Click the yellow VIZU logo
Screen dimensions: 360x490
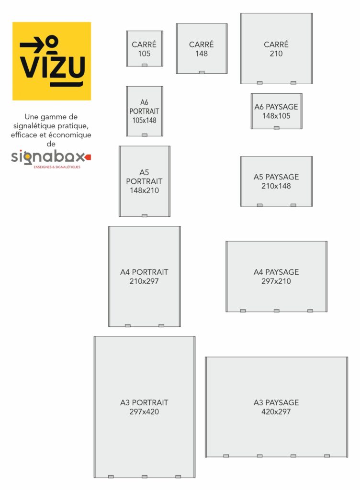tap(52, 61)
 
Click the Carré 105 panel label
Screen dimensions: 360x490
tap(145, 49)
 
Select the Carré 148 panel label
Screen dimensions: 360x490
tap(202, 49)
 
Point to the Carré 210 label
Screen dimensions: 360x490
tap(276, 49)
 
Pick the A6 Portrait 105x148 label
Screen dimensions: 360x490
tap(145, 111)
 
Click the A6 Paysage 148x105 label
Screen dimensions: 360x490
tap(276, 111)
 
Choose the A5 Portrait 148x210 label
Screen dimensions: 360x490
tap(145, 181)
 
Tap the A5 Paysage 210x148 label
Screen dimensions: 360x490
tap(276, 181)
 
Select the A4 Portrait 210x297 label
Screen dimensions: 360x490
tap(145, 277)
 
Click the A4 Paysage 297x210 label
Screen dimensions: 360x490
tap(276, 277)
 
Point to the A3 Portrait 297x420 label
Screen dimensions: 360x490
tap(145, 407)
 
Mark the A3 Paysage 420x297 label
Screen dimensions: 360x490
tap(276, 407)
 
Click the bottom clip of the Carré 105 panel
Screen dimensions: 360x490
tap(145, 65)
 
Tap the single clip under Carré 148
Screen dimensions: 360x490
tap(202, 73)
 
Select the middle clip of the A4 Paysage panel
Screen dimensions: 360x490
tap(277, 311)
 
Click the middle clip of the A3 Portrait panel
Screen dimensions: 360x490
tap(145, 477)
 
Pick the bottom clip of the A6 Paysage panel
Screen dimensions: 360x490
tap(277, 128)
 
